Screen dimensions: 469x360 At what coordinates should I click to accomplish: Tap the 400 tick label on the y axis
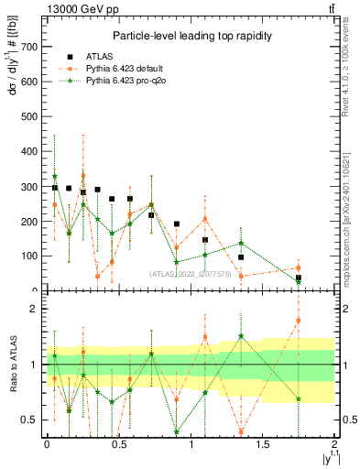34,151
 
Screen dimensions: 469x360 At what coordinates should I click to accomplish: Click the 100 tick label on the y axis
34,256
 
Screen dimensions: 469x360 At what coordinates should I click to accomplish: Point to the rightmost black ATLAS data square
299,278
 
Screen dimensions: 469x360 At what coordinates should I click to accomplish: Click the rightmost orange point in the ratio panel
299,321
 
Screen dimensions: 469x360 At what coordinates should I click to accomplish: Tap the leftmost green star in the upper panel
55,176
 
